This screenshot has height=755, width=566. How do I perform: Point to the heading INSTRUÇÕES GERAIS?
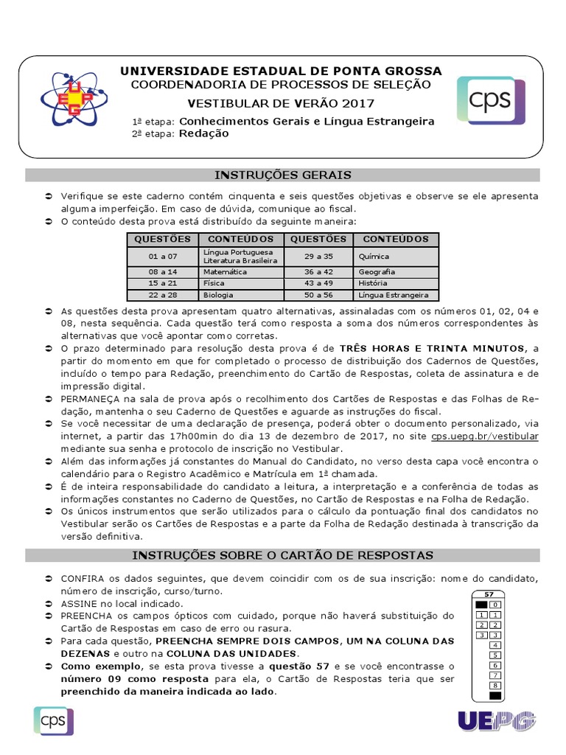[x=283, y=175]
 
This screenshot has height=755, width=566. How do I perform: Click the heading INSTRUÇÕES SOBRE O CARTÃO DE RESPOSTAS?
[x=283, y=554]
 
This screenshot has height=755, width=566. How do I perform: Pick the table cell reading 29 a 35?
[x=318, y=257]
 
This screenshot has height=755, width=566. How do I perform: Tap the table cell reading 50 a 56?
[x=318, y=295]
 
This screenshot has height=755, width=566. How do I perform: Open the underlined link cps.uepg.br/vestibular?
[x=495, y=436]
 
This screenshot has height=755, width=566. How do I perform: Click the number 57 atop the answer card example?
[x=489, y=594]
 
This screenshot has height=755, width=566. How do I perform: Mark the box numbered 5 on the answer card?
[x=495, y=655]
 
